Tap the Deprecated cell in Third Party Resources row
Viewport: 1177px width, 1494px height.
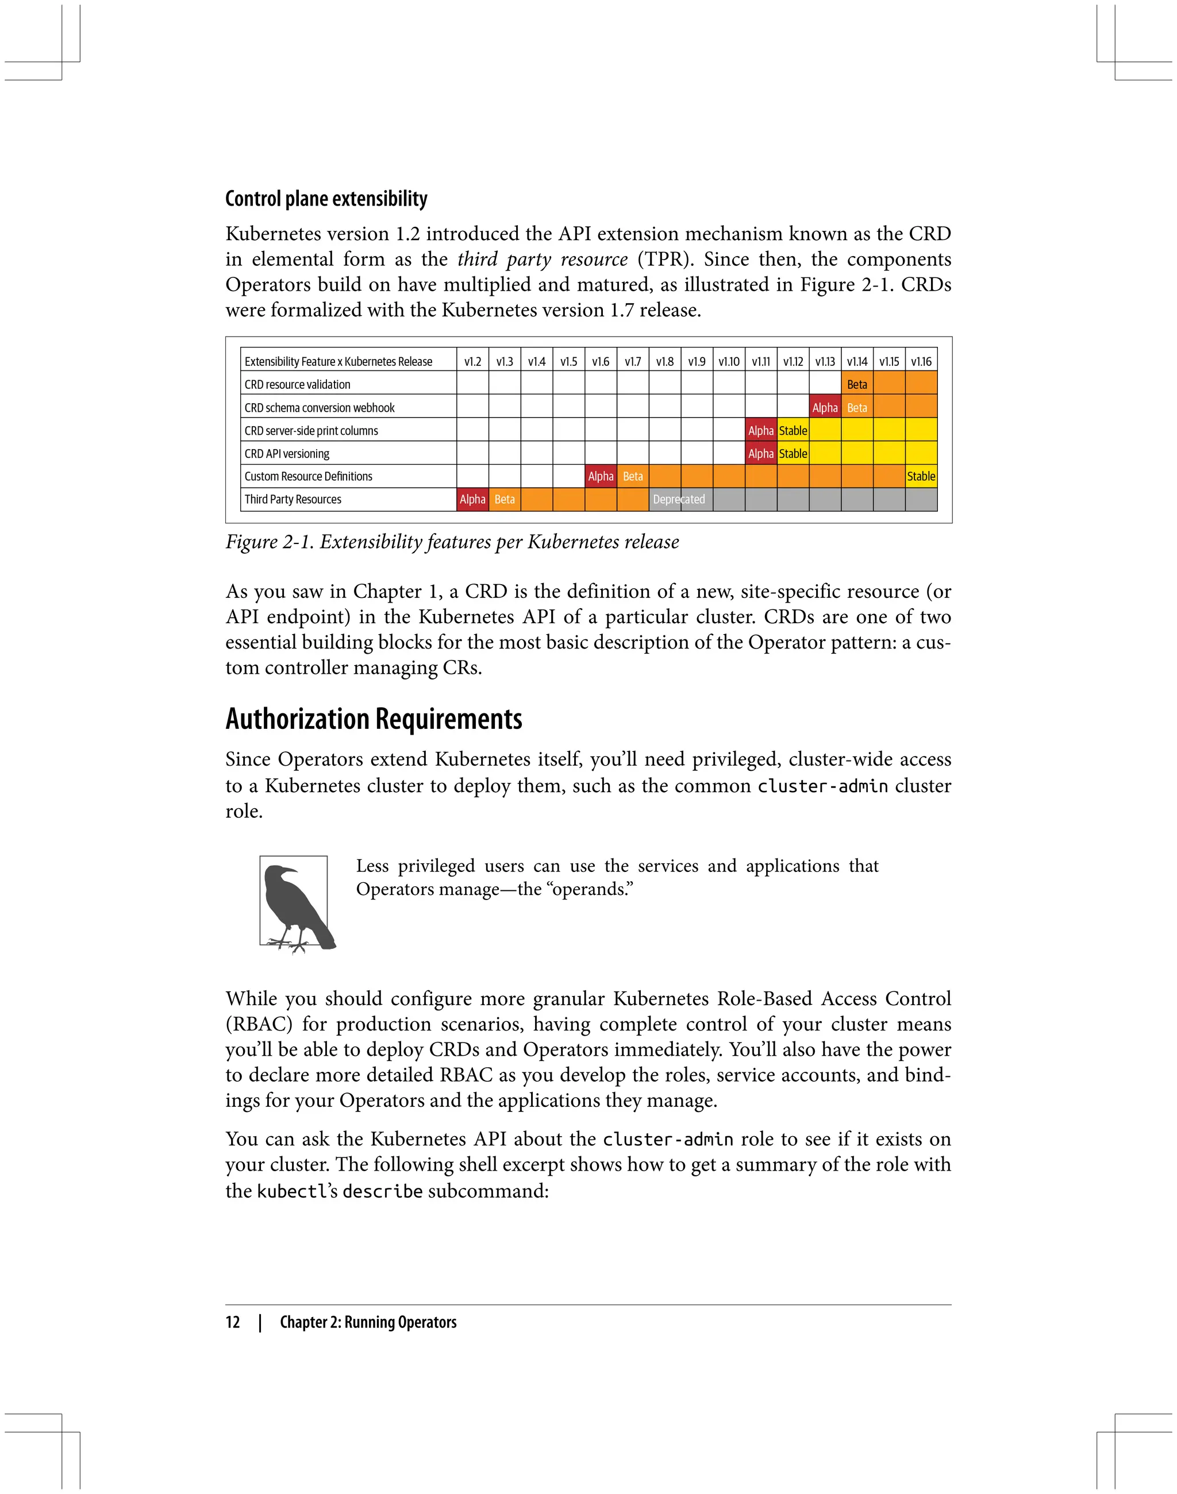click(679, 499)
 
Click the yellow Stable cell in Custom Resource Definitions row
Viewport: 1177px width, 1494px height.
click(921, 476)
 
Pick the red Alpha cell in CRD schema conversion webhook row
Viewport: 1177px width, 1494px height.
click(825, 408)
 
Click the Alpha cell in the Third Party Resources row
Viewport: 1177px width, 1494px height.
click(473, 499)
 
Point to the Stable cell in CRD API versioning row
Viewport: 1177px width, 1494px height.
click(793, 453)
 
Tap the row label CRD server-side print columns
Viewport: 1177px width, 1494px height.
click(311, 430)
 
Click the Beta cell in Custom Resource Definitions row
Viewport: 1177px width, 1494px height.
click(633, 476)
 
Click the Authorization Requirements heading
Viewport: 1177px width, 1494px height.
click(374, 719)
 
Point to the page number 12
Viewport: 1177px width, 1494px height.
click(233, 1322)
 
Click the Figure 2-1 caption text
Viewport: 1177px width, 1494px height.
click(452, 542)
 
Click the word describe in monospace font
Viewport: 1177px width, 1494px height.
click(382, 1191)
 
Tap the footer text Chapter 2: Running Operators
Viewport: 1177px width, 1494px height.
click(368, 1322)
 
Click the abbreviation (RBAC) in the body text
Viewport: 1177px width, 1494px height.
click(259, 1024)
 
